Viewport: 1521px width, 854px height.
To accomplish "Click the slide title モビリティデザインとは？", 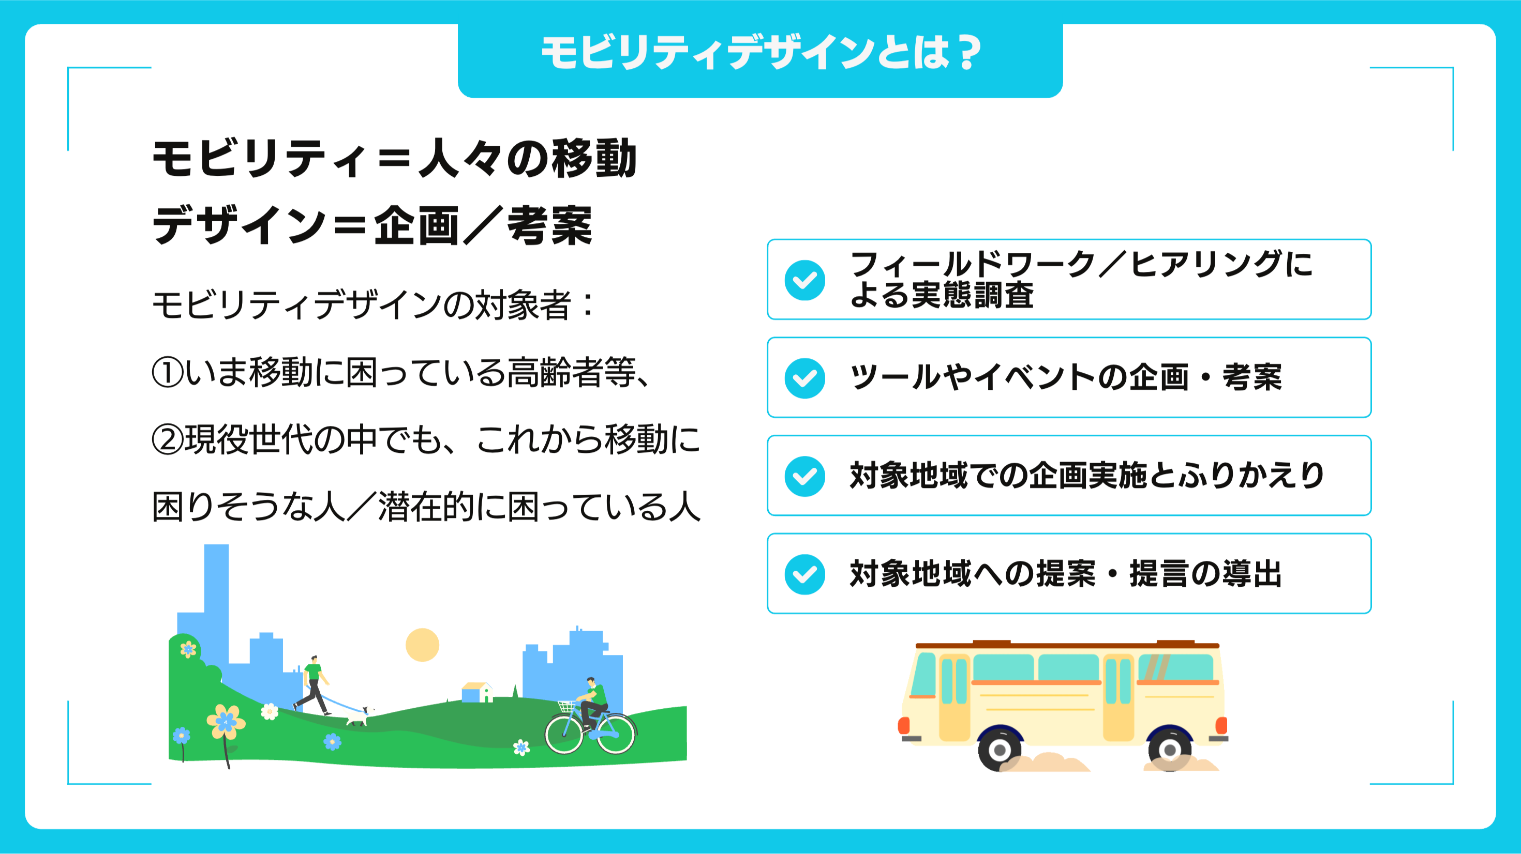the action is [761, 53].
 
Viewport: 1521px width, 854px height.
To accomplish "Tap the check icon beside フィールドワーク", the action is [805, 280].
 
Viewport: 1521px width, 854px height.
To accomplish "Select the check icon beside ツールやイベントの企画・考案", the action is [805, 378].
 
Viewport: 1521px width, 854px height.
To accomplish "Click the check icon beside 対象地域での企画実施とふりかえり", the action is [805, 476].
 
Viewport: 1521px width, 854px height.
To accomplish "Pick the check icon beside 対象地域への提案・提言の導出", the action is [805, 574].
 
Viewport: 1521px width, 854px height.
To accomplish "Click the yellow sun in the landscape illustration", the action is [422, 645].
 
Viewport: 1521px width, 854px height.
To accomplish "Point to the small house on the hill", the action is [477, 692].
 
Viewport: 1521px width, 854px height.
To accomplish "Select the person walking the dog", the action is [312, 684].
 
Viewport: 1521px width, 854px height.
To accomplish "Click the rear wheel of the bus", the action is [1169, 750].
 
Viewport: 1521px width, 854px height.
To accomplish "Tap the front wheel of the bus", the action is [1000, 750].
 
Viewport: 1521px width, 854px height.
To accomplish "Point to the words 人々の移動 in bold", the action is [527, 158].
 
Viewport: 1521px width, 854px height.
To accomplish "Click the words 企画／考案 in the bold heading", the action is [483, 225].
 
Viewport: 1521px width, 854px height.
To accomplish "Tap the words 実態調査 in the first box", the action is [973, 295].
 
